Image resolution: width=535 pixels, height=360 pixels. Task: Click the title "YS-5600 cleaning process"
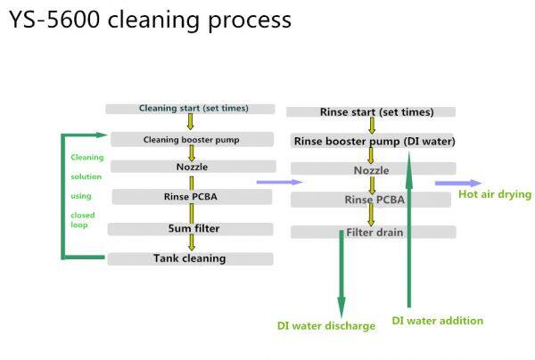(150, 20)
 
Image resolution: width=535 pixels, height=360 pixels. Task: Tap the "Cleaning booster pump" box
(192, 140)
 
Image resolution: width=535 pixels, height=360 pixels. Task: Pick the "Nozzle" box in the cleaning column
(192, 167)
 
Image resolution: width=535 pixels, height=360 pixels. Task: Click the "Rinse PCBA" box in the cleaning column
(192, 197)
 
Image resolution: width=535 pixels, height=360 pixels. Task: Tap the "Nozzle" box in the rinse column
(372, 169)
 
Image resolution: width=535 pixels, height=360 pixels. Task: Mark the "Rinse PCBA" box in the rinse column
(374, 200)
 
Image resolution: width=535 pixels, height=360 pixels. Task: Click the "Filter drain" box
(374, 233)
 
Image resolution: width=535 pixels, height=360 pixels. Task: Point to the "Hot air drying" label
(494, 194)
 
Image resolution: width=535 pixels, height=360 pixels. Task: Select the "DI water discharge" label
(325, 326)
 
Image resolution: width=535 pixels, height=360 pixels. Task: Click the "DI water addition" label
(438, 321)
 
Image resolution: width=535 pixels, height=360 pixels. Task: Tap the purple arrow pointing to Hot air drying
(445, 184)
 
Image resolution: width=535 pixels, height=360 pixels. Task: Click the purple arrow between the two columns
(271, 183)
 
